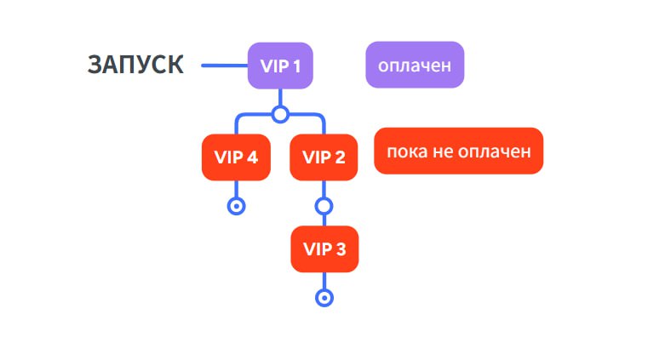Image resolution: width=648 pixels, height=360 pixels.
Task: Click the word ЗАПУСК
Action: point(135,65)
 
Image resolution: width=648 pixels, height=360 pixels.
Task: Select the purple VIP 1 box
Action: point(280,65)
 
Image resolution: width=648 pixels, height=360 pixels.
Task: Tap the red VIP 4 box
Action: point(236,157)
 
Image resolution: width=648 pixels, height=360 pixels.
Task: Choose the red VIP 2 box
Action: point(324,157)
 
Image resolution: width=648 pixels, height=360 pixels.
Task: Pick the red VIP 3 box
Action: point(324,249)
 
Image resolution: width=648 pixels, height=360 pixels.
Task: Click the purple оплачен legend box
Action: point(415,65)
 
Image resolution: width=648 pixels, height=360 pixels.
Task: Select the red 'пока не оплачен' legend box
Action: point(458,151)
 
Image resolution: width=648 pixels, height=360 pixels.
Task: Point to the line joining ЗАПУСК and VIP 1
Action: point(224,65)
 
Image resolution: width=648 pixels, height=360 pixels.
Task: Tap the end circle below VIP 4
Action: point(236,205)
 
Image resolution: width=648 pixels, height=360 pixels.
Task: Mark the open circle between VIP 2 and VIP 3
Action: point(324,205)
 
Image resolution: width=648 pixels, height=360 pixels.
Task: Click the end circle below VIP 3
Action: point(324,297)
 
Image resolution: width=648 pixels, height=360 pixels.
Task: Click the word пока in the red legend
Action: point(404,151)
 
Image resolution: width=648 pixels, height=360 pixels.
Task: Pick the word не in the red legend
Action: point(445,151)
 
